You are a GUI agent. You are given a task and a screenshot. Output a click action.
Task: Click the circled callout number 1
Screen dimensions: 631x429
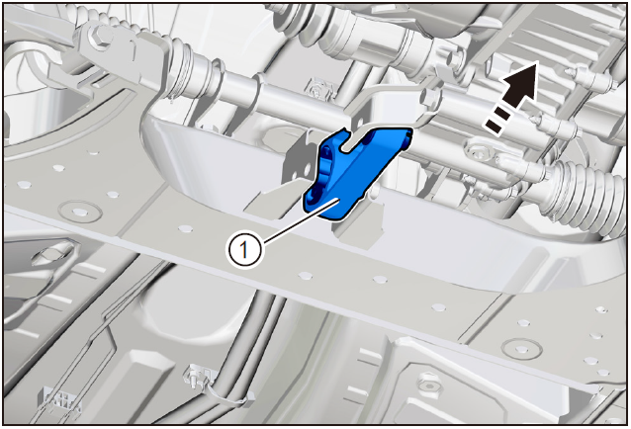244,250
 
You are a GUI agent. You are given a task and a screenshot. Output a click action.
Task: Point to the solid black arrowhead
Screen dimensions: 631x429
521,83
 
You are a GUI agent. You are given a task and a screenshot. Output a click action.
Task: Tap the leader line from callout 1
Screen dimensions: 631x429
301,220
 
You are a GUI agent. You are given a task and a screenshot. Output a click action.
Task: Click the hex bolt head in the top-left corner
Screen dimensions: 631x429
99,36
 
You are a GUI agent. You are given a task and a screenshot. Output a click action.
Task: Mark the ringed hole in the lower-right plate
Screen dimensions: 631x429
521,347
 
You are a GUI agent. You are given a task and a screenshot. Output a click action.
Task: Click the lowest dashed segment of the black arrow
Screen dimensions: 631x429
494,128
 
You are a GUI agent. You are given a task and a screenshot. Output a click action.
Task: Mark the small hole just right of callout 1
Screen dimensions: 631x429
306,276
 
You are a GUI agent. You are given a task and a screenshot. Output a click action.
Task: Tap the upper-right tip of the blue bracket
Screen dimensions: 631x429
410,129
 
